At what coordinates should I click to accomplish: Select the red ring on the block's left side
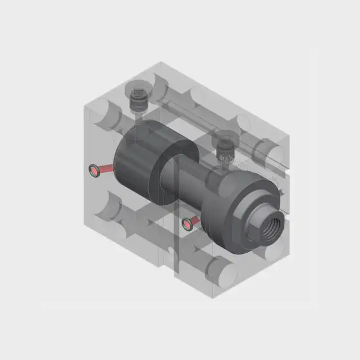click(93, 171)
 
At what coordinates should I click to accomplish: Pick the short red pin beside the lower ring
click(196, 220)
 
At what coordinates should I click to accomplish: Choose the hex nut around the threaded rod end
click(263, 227)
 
